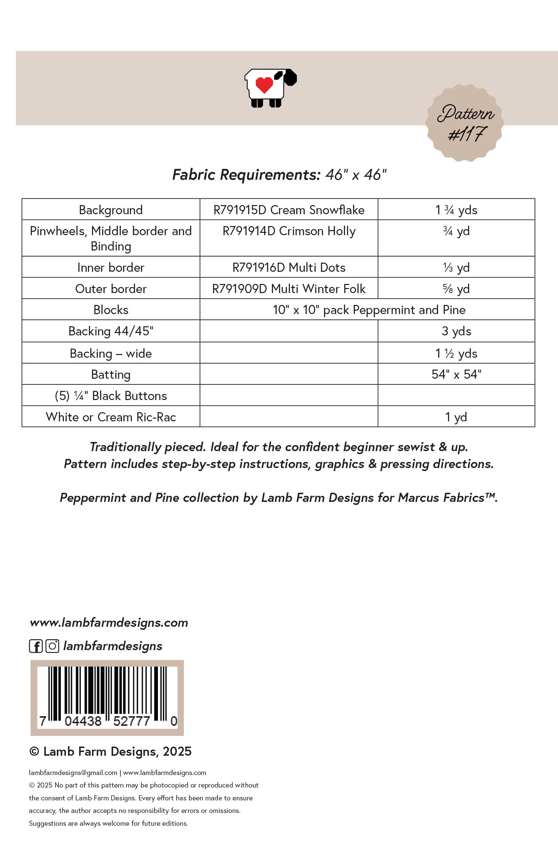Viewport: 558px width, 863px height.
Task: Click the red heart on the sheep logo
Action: tap(264, 85)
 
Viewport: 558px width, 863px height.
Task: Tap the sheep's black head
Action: tap(290, 77)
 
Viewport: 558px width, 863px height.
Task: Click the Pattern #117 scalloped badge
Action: tap(465, 123)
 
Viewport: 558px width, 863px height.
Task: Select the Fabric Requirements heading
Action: tap(279, 175)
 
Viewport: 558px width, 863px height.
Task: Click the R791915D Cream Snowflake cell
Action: tap(289, 210)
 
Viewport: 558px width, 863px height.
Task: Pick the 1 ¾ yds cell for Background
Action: tap(456, 210)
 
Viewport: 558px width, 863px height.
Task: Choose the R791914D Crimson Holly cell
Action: tap(289, 231)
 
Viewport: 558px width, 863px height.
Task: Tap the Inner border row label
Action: tap(111, 268)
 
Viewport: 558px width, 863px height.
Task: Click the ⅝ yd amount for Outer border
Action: tap(456, 289)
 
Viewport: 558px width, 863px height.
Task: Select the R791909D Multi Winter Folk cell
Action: tap(289, 289)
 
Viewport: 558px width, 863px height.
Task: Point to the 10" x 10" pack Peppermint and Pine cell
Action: tap(369, 310)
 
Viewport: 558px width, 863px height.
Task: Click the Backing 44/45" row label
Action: tap(111, 331)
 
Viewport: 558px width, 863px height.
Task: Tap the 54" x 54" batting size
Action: tap(456, 374)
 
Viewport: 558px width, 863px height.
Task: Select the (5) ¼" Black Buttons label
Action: tap(111, 396)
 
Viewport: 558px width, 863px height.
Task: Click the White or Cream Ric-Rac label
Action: tap(111, 417)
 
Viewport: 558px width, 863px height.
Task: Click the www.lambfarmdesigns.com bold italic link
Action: tap(109, 623)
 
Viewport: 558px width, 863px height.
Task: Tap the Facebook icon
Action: tap(36, 646)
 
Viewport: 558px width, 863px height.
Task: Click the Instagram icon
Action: tap(52, 646)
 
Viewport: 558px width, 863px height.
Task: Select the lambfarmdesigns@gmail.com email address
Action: tap(73, 773)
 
